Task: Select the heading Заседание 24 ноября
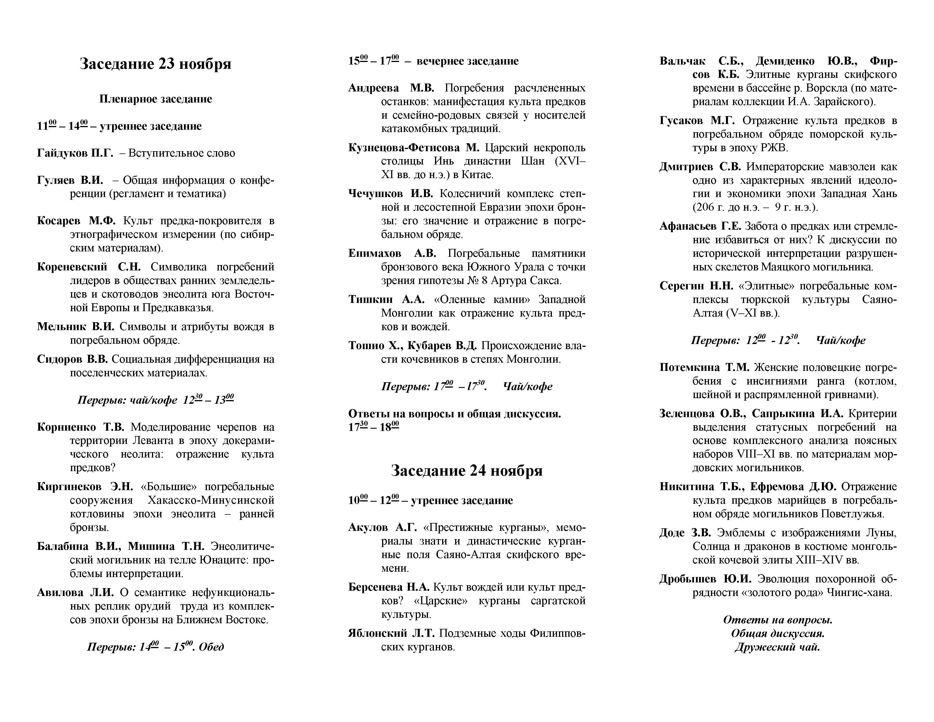pos(466,471)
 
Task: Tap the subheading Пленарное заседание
pos(156,99)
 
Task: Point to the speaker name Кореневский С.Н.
pos(89,267)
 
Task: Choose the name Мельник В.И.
pos(76,327)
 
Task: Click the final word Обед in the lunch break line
pos(211,646)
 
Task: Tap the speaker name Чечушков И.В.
pos(391,194)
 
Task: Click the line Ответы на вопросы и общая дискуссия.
pos(454,414)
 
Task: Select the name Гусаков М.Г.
pos(697,121)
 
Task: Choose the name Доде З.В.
pos(685,533)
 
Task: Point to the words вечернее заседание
pos(468,61)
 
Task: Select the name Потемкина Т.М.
pos(704,368)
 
